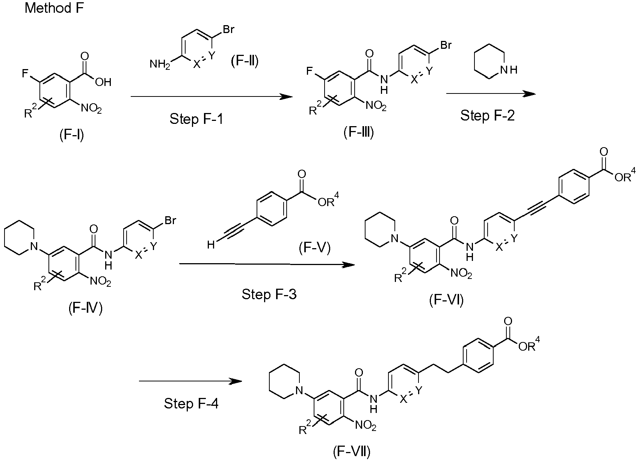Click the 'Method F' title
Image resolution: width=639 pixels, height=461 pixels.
54,8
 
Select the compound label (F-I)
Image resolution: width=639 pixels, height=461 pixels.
72,134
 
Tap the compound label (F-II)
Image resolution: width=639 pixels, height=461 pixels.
245,61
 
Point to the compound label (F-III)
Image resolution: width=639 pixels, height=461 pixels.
359,132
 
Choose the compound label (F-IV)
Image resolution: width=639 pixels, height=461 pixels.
85,308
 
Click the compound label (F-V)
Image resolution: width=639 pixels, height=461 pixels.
315,247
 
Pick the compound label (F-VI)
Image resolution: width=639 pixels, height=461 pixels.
446,300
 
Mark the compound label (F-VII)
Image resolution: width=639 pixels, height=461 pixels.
352,451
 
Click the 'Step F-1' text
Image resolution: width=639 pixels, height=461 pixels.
196,119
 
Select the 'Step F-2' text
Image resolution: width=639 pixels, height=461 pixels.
488,116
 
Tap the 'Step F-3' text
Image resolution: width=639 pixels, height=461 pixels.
269,294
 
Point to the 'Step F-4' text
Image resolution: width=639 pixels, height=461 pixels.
191,404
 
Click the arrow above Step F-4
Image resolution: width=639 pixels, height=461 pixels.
190,381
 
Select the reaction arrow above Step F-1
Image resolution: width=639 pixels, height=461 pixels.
211,96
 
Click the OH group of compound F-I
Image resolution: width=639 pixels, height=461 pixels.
103,82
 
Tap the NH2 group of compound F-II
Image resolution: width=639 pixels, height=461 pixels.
160,65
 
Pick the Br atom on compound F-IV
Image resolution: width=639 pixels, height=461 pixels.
170,220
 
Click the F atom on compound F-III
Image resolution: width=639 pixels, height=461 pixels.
310,71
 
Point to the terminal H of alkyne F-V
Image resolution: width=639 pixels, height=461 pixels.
211,244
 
